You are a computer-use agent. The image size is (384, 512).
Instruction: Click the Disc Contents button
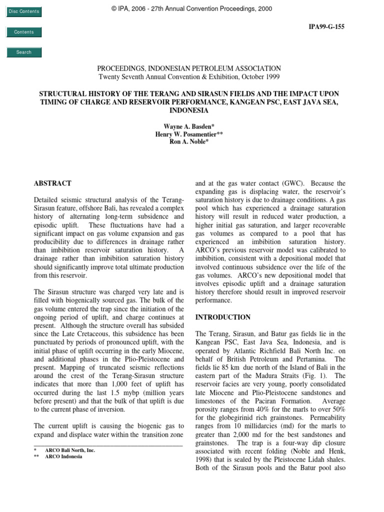(x=23, y=11)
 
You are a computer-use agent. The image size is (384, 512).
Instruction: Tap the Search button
(x=23, y=52)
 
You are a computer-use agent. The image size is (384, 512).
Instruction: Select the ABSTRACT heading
(x=52, y=183)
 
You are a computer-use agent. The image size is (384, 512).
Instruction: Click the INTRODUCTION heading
(x=223, y=317)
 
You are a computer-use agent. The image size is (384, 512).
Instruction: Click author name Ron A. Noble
(x=191, y=142)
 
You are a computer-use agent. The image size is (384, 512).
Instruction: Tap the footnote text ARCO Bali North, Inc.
(x=69, y=450)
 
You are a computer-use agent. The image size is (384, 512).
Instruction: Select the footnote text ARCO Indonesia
(x=63, y=456)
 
